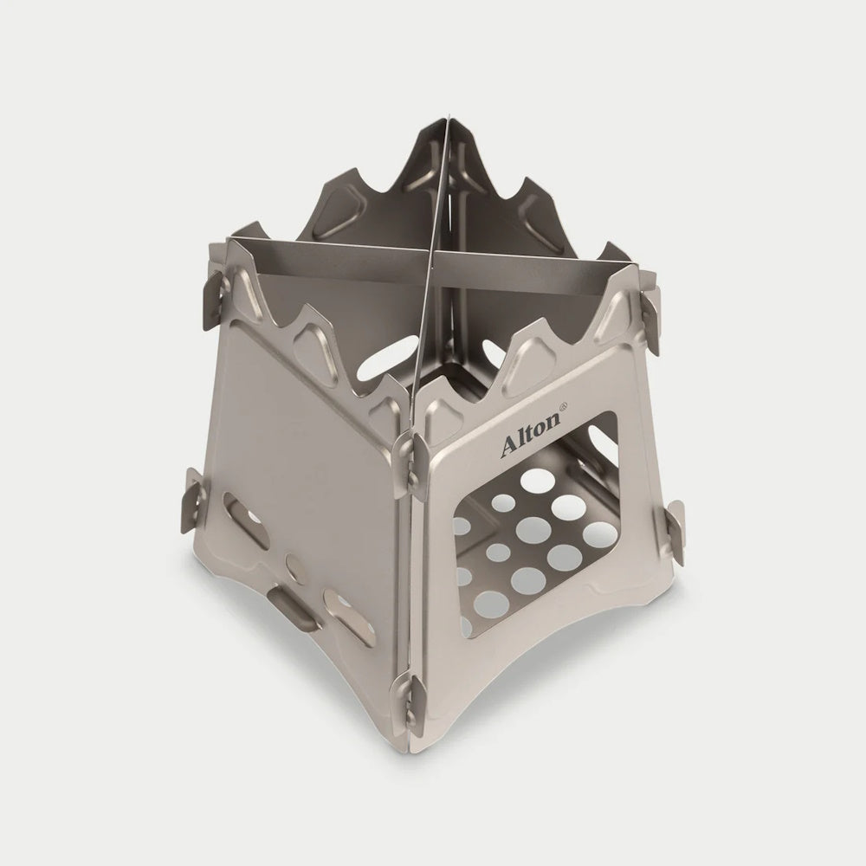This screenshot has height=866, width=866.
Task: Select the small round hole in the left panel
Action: (295, 572)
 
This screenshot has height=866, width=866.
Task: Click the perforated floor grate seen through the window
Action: (528, 546)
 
